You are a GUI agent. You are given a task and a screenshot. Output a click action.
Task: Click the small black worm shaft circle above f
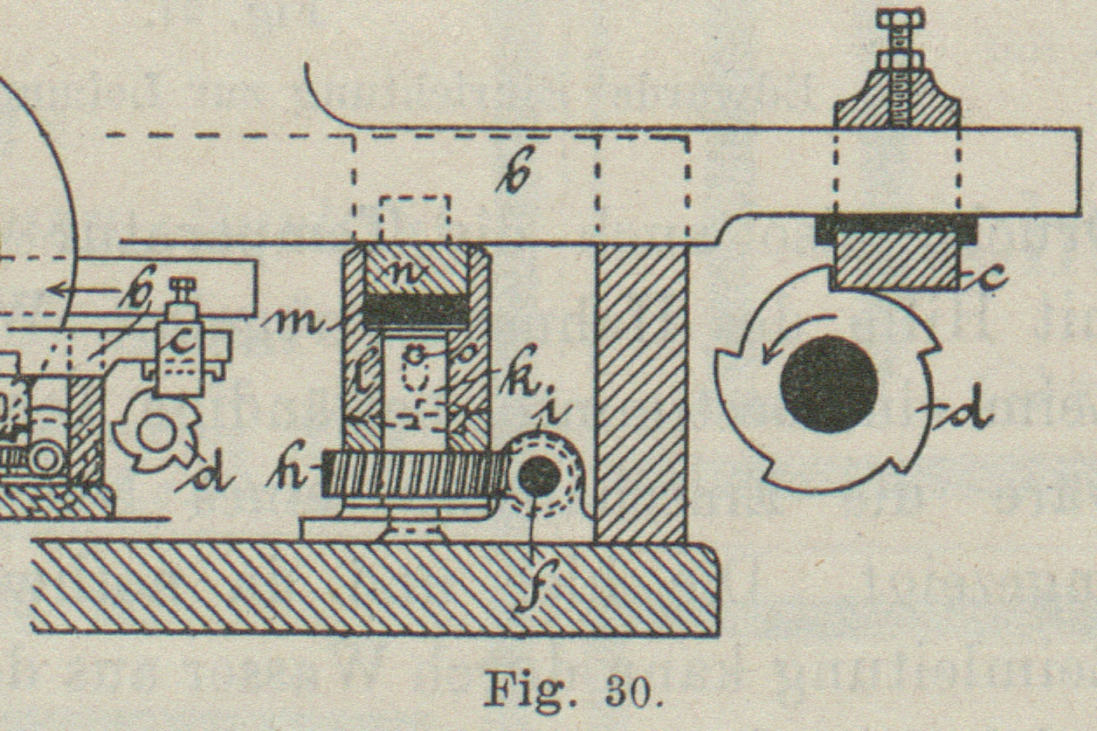pyautogui.click(x=540, y=475)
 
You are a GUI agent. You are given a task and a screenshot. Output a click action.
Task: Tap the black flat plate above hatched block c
pyautogui.click(x=896, y=230)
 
